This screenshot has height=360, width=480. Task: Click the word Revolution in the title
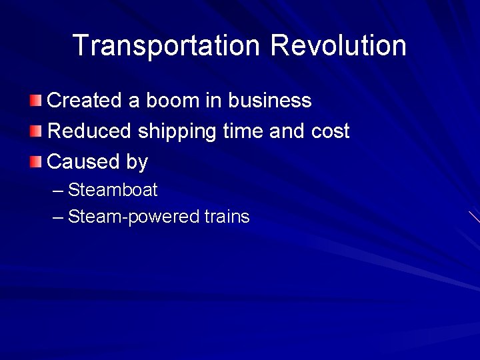(x=338, y=46)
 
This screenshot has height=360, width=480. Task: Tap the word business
(x=270, y=101)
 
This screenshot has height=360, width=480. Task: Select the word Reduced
(x=89, y=131)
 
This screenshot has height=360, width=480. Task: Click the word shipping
(x=177, y=132)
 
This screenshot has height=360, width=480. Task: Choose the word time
(x=243, y=131)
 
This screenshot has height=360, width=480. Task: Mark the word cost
(x=330, y=131)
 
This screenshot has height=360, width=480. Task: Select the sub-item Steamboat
(x=113, y=190)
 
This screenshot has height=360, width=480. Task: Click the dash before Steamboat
(x=57, y=191)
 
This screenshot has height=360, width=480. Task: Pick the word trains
(x=227, y=217)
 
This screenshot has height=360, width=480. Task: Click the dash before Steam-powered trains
(x=57, y=217)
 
